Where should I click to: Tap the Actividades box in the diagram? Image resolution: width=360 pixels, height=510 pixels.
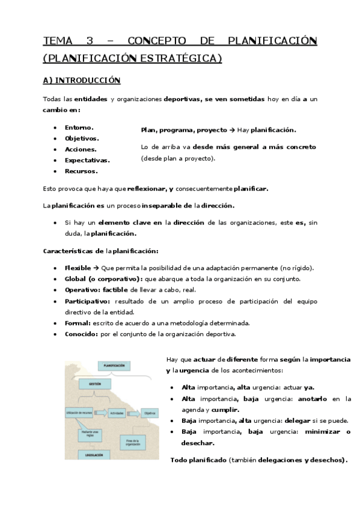(x=118, y=414)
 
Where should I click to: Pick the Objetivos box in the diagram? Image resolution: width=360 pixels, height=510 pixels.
(x=149, y=414)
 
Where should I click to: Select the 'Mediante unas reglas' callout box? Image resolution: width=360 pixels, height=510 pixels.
(x=90, y=433)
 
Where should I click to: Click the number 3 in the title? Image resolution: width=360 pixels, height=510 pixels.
(x=90, y=41)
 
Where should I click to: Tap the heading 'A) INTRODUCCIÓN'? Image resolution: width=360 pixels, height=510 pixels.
(x=82, y=81)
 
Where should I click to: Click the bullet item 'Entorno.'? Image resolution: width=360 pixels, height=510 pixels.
(x=79, y=127)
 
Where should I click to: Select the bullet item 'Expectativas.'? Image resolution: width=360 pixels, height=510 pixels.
(x=87, y=160)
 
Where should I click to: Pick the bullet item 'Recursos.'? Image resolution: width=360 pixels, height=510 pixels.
(x=81, y=171)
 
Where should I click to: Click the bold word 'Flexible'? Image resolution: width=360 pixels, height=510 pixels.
(x=78, y=268)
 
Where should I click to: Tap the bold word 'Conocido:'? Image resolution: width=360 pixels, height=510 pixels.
(x=80, y=334)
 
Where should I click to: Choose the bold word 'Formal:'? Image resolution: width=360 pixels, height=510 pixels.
(x=77, y=323)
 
